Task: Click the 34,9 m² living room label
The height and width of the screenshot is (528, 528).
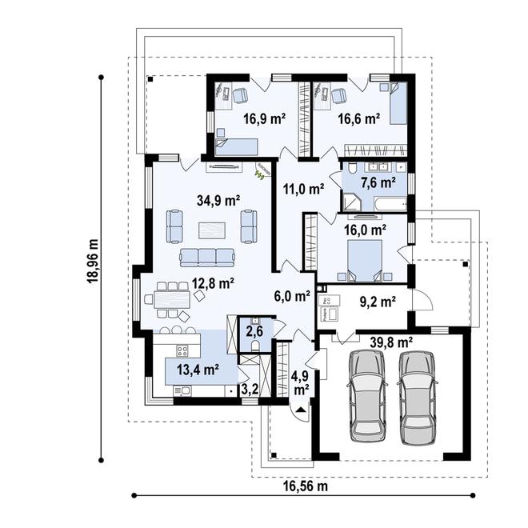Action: pyautogui.click(x=218, y=201)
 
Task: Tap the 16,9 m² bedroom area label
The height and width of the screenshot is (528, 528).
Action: pyautogui.click(x=264, y=119)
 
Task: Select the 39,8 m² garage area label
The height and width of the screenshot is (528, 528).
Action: pyautogui.click(x=392, y=342)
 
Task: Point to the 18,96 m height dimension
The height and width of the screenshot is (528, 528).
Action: pyautogui.click(x=92, y=261)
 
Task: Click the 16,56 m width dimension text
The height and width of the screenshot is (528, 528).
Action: pyautogui.click(x=305, y=486)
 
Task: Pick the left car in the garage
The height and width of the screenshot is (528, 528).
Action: pyautogui.click(x=367, y=396)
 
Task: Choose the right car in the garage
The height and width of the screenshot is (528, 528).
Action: pyautogui.click(x=418, y=398)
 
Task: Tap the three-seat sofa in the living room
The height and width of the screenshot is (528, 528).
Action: pyautogui.click(x=206, y=258)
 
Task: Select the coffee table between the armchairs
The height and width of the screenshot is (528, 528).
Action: pyautogui.click(x=212, y=230)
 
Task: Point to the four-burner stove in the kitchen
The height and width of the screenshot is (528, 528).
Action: pyautogui.click(x=182, y=351)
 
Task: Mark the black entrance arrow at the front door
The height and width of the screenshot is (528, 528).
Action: pyautogui.click(x=301, y=410)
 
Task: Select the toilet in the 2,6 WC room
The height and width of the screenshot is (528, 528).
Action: pyautogui.click(x=255, y=346)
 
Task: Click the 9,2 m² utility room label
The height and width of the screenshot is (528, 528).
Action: pyautogui.click(x=378, y=302)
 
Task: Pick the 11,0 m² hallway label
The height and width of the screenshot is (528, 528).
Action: pyautogui.click(x=303, y=190)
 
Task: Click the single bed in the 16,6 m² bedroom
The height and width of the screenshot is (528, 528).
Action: pyautogui.click(x=398, y=103)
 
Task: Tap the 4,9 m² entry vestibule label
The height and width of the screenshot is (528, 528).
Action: pyautogui.click(x=302, y=382)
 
